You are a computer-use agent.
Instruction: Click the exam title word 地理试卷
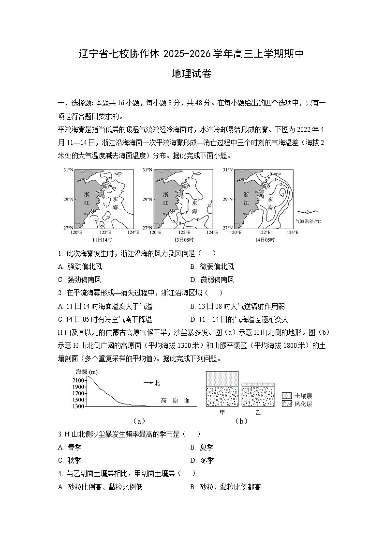pos(192,74)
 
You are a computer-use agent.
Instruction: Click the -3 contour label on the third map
pos(282,194)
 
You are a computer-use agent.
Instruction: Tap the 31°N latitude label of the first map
pos(68,171)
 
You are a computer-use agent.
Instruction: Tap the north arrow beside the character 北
pos(148,383)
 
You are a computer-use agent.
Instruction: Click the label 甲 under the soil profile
pos(222,412)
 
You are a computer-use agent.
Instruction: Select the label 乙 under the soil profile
pos(257,412)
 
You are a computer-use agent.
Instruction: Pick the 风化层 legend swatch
pos(286,404)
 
